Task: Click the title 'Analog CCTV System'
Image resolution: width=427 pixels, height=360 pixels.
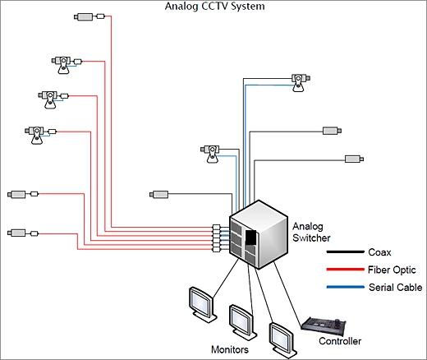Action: coord(215,7)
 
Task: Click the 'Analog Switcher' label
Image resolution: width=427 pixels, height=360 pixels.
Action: coord(311,232)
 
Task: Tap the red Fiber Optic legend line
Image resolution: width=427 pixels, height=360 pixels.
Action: coord(346,270)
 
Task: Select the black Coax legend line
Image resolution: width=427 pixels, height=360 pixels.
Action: coord(346,252)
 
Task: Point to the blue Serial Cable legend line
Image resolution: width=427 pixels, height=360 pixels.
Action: coord(346,287)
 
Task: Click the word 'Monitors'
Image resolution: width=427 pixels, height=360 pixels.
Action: coord(230,349)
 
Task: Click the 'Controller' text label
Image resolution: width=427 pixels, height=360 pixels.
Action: coord(340,341)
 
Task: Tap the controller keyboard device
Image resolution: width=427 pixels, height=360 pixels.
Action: coord(324,326)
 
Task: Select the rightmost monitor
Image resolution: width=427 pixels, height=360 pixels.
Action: coord(282,340)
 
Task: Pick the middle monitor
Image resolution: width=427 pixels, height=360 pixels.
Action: coord(243,322)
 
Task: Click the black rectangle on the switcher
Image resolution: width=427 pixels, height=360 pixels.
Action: coord(251,238)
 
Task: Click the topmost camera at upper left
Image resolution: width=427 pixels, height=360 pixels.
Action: coord(90,16)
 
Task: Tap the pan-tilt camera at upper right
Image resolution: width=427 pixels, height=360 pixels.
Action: coord(301,82)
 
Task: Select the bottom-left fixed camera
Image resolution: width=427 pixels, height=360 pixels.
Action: coord(23,233)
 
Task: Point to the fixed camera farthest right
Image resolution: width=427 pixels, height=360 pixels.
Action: coord(354,159)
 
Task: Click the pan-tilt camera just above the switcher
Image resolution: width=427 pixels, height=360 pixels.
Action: coord(210,154)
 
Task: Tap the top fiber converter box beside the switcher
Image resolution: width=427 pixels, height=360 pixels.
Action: coord(216,227)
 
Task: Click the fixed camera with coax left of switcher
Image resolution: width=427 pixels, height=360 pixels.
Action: coord(158,195)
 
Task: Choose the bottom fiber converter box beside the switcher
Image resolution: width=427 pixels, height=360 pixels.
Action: coord(216,250)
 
